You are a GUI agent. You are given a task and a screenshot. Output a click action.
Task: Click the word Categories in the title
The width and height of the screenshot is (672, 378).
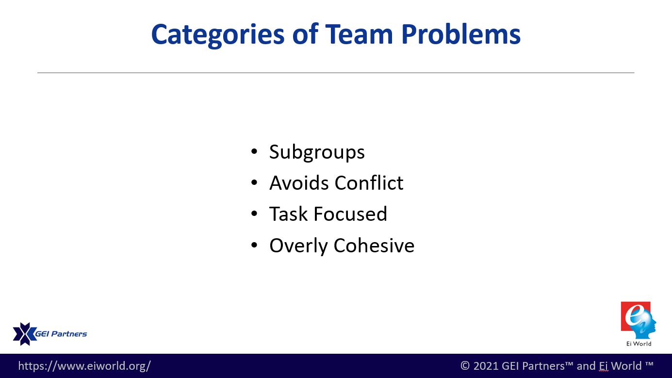(218, 35)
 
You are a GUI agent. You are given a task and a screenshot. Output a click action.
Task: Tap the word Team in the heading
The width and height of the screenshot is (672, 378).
(359, 34)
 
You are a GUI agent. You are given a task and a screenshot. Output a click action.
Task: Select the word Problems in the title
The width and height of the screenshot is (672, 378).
(461, 34)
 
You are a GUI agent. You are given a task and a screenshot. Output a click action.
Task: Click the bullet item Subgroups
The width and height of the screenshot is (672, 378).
(317, 152)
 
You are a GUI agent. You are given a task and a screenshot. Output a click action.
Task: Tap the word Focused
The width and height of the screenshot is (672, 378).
(350, 214)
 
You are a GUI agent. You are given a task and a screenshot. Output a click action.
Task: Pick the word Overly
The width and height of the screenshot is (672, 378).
(298, 247)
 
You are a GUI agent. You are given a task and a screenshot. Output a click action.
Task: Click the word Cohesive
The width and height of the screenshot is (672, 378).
(374, 245)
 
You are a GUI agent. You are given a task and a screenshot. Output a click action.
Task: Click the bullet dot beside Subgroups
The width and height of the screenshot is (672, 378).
(254, 151)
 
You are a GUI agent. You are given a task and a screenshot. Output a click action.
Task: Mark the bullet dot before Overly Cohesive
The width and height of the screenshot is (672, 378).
(254, 245)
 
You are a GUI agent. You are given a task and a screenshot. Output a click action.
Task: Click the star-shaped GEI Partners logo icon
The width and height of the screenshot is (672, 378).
(25, 334)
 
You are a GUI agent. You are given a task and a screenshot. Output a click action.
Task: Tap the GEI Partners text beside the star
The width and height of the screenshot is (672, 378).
(61, 334)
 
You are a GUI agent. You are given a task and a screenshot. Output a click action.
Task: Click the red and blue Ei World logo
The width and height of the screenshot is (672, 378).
(639, 320)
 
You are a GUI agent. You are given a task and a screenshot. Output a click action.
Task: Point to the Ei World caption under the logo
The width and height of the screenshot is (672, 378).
(639, 344)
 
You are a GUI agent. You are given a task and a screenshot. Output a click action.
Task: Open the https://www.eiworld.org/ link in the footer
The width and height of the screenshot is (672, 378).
(84, 366)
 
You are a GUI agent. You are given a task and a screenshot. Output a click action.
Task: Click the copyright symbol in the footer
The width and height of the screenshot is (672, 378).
(465, 366)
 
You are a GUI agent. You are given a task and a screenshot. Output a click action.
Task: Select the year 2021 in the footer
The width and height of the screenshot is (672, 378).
(486, 366)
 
